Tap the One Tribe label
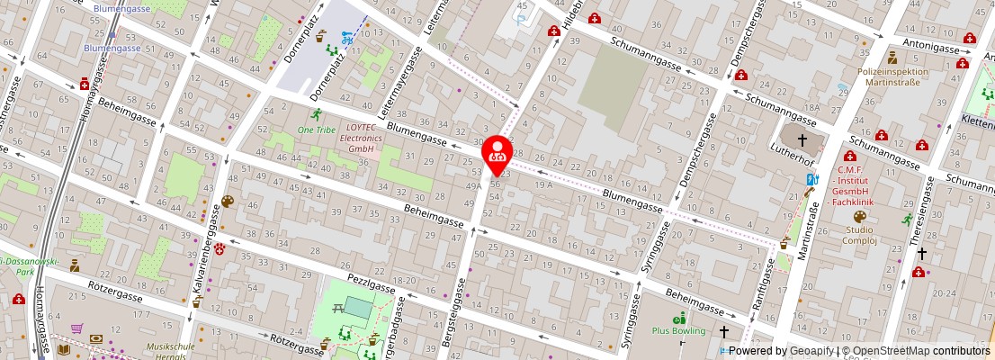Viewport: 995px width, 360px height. (316, 130)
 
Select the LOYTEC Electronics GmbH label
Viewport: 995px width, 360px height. (362, 139)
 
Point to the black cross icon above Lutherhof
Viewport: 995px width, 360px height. (802, 139)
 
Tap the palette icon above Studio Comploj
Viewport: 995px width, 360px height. (858, 217)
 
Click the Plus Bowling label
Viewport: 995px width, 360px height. (679, 330)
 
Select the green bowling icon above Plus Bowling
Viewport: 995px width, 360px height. (680, 317)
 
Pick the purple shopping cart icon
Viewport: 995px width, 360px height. (77, 328)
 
